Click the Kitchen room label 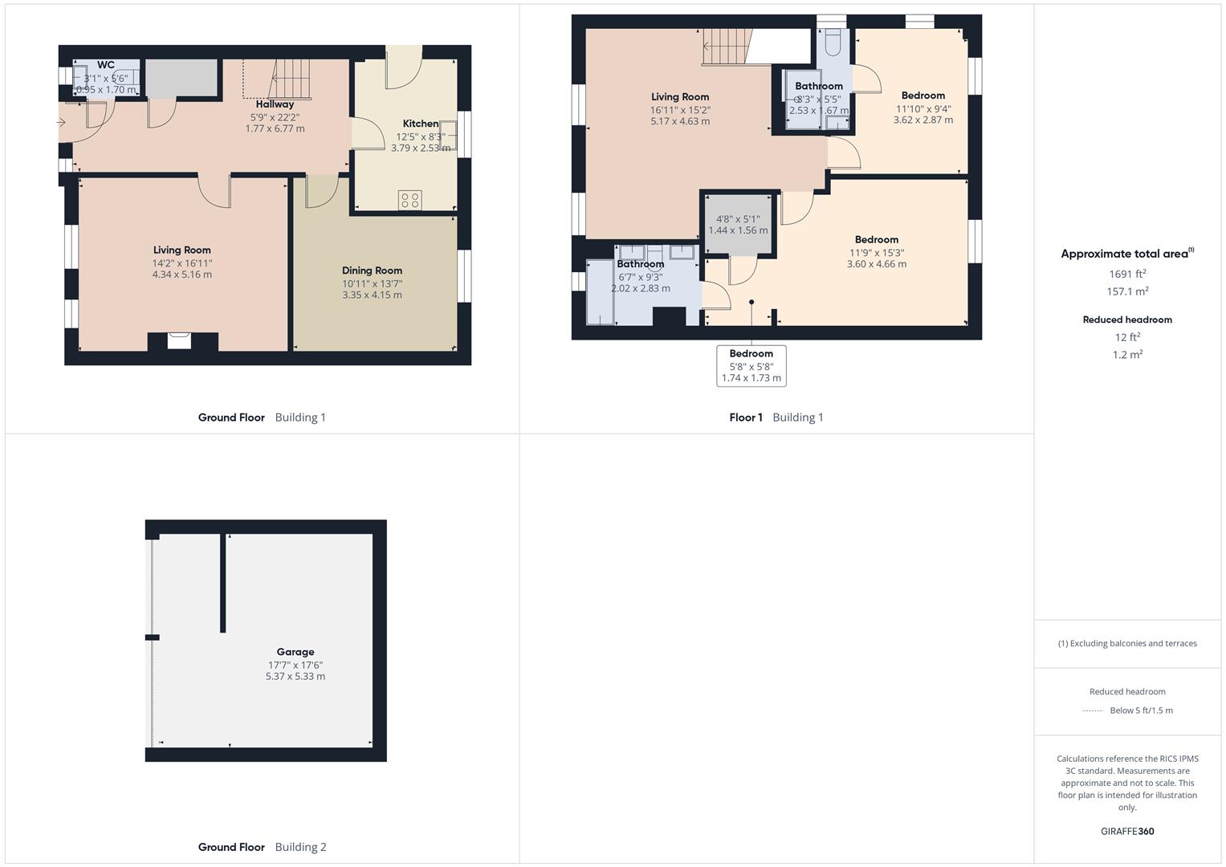click(421, 124)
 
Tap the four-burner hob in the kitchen click(409, 200)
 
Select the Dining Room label click(372, 271)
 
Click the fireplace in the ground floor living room click(180, 340)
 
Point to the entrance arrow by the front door click(61, 123)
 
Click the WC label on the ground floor click(106, 65)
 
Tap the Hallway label click(275, 104)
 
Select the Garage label click(295, 652)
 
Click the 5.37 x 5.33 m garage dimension click(295, 676)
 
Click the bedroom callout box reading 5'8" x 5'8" click(751, 366)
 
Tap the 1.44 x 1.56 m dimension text click(738, 230)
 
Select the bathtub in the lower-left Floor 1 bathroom click(600, 291)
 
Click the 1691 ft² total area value click(1127, 274)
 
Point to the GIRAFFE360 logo click(1127, 831)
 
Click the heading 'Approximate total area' click(1126, 254)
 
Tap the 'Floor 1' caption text click(746, 417)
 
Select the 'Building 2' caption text click(300, 847)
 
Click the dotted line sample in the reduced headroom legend click(1093, 710)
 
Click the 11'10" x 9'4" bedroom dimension click(923, 109)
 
